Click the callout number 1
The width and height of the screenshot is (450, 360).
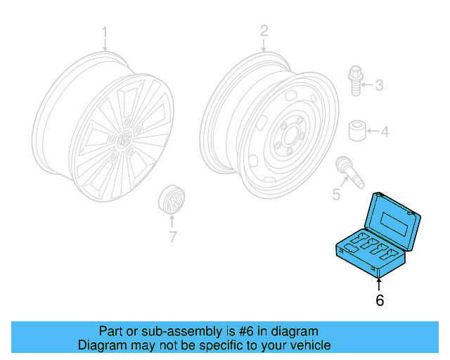[x=105, y=32]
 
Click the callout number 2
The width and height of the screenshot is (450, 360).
[x=264, y=31]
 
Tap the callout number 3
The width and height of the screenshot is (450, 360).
[x=379, y=86]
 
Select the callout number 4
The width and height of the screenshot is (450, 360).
[x=385, y=131]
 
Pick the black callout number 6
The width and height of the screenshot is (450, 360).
[x=380, y=300]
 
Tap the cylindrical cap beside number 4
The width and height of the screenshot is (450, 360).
[x=357, y=131]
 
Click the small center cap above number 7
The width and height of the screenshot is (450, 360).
[x=171, y=200]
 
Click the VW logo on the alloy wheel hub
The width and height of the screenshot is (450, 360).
[x=126, y=139]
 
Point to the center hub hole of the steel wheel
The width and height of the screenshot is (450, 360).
[x=288, y=137]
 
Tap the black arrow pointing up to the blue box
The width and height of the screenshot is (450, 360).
[x=380, y=282]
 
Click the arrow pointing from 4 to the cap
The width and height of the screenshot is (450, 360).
[x=372, y=131]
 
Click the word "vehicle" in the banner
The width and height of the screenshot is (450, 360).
[x=309, y=345]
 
